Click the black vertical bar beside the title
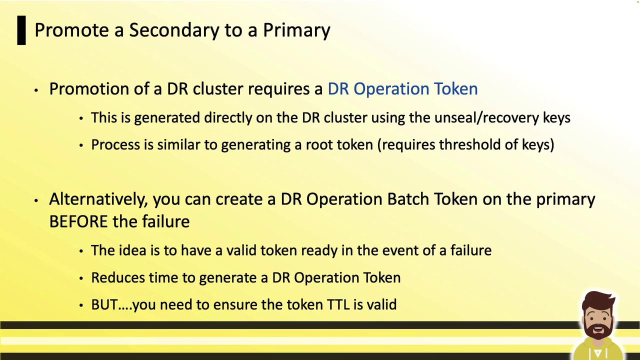click(21, 30)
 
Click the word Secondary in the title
click(174, 30)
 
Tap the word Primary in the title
click(296, 30)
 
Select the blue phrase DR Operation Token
click(402, 88)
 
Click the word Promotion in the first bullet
click(89, 88)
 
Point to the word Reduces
click(117, 277)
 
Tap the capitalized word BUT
click(104, 304)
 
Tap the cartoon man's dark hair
click(597, 301)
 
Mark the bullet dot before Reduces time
click(81, 278)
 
